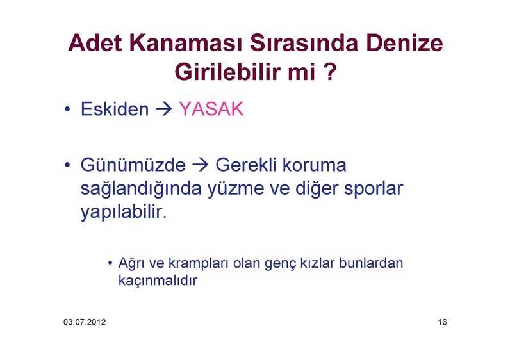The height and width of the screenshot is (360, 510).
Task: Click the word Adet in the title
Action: tap(95, 43)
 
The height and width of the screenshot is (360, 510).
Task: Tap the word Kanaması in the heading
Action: tap(186, 43)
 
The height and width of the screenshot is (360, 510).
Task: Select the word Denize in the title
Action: tap(404, 43)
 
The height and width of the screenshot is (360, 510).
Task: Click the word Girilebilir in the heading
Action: tap(228, 71)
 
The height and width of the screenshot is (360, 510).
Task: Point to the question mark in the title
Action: tap(330, 71)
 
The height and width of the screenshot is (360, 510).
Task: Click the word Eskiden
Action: tap(115, 109)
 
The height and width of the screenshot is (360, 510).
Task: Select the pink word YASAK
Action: tap(211, 109)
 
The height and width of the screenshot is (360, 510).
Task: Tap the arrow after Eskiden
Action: tap(163, 109)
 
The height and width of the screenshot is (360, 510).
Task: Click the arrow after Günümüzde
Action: tap(200, 165)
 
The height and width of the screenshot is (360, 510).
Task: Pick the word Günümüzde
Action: tap(133, 165)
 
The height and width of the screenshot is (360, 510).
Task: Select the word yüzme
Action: tap(236, 188)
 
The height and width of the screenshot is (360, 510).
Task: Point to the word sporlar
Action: tap(374, 188)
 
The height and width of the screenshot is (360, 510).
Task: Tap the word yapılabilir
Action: tap(124, 212)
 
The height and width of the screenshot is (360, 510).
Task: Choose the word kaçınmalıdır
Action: tap(158, 281)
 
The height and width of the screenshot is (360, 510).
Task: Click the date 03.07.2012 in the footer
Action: tap(85, 322)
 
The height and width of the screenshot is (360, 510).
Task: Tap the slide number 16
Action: tap(442, 322)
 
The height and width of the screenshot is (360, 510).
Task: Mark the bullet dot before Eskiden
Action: tap(67, 109)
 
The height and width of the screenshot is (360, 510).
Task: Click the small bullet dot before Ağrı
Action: tap(110, 263)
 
